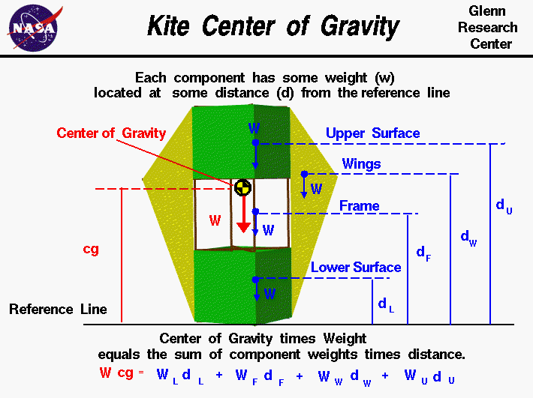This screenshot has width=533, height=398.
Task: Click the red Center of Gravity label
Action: coord(111,133)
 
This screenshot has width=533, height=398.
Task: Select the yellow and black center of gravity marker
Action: coord(242,187)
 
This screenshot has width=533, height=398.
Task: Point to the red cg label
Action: coord(91,249)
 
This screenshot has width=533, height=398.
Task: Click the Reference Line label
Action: coord(58,309)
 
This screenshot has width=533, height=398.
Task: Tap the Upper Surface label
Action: coord(372,133)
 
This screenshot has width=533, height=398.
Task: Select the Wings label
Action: coord(361,163)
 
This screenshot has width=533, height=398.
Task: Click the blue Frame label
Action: coord(359,205)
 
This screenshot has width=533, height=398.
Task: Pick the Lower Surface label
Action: coord(356,267)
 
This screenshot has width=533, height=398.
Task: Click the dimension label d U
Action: coord(504,207)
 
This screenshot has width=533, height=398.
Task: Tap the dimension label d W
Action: coord(468,238)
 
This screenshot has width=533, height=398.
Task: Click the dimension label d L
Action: coord(385,304)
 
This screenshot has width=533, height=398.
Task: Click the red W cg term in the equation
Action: coord(116,373)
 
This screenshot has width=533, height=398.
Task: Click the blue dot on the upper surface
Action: coord(255,142)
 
